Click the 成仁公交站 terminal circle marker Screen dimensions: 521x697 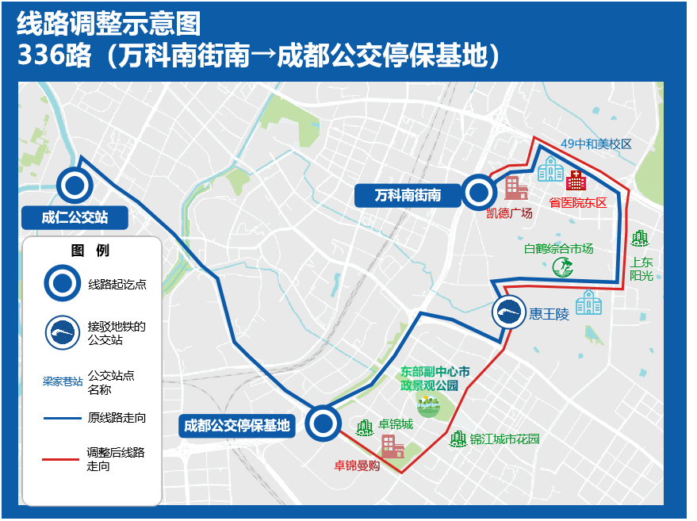pos(75,186)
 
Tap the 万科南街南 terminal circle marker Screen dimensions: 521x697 pos(479,191)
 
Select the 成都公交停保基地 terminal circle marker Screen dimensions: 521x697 pos(324,423)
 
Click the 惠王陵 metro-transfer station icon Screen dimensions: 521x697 pos(508,313)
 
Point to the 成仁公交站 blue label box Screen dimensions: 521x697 pos(75,216)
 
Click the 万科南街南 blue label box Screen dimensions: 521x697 pos(408,194)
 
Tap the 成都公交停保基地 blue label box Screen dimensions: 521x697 pos(237,426)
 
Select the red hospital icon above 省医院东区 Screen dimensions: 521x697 pos(576,180)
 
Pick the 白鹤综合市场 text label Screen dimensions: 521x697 pos(558,248)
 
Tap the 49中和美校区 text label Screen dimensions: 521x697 pos(596,144)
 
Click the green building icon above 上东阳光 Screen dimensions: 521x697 pos(639,238)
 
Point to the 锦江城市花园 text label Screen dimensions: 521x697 pos(504,439)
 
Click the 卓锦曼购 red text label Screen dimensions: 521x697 pos(356,465)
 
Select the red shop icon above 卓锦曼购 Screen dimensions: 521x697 pos(393,446)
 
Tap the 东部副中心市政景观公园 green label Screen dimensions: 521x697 pos(430,378)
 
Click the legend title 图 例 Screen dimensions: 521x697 pos(90,251)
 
